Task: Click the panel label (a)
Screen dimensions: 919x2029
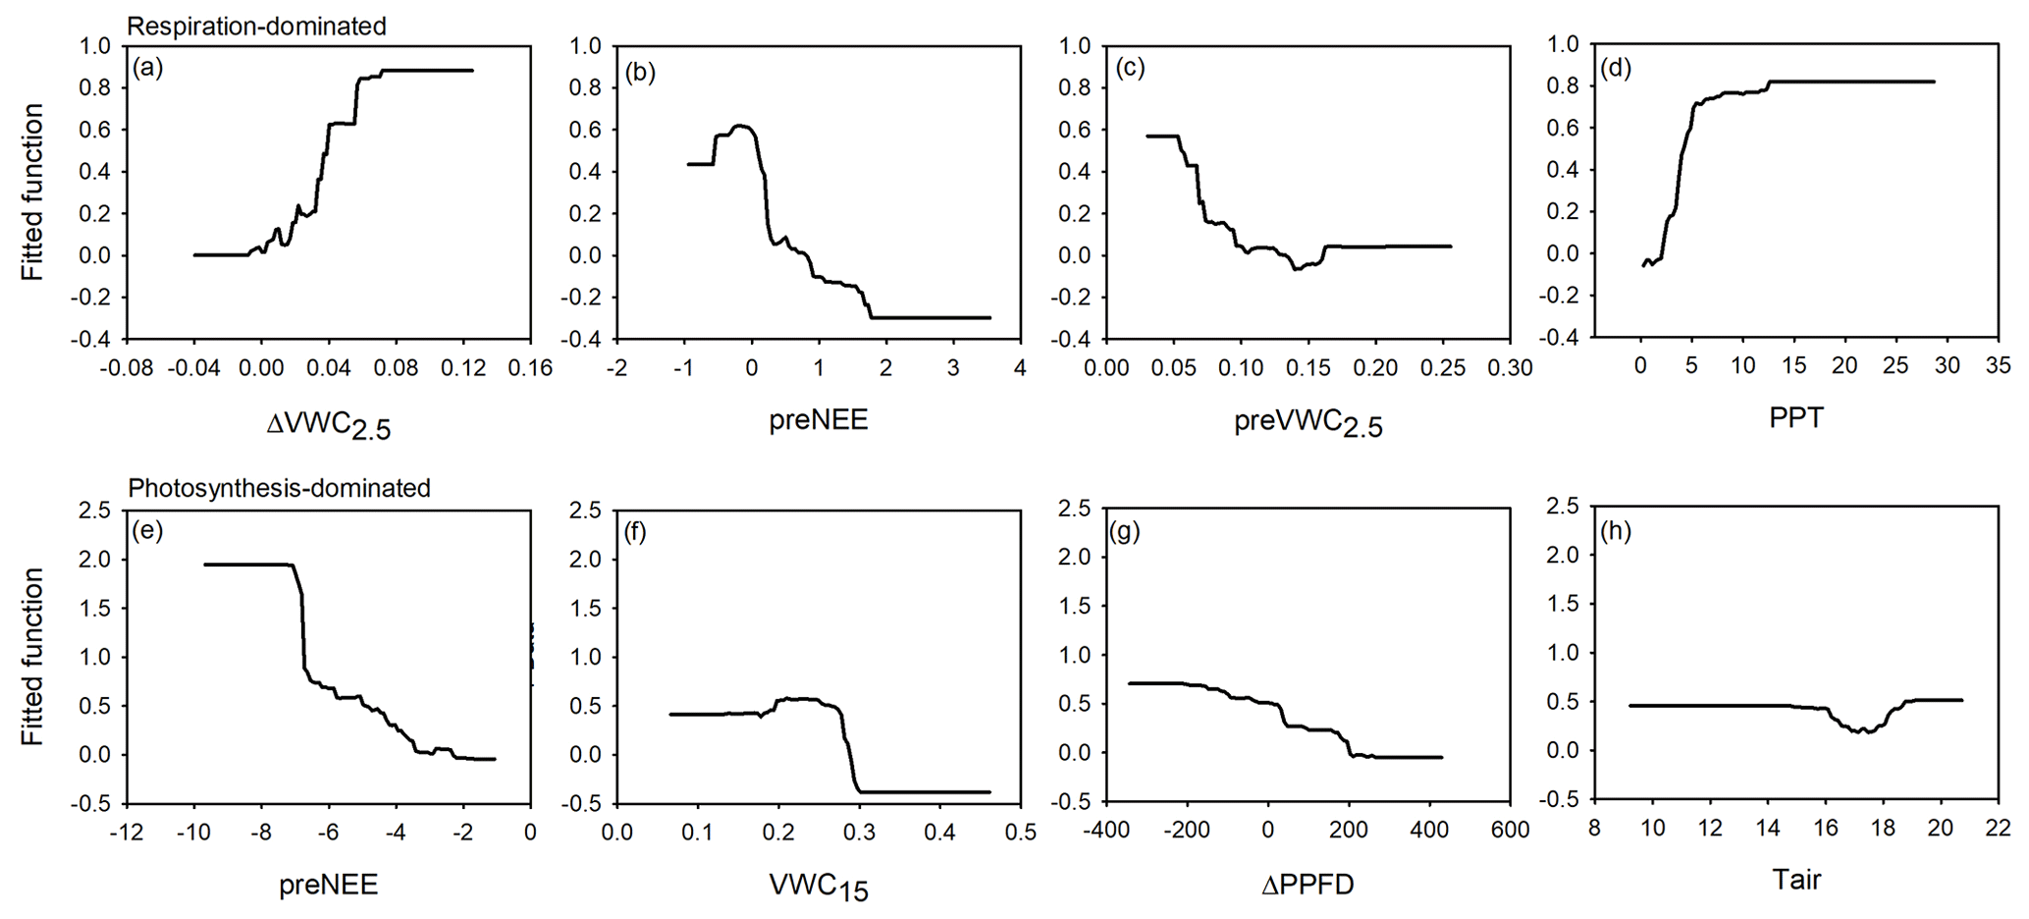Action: click(148, 68)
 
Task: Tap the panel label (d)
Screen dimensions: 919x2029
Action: click(1615, 68)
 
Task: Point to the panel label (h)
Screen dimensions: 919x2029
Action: click(1616, 531)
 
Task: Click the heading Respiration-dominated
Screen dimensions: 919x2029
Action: click(257, 27)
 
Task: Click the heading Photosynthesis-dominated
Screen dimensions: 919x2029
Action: click(280, 488)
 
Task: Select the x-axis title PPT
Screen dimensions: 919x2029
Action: click(1795, 417)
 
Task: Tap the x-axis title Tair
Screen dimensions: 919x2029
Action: click(1795, 880)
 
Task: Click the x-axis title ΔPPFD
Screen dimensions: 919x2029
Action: click(1308, 884)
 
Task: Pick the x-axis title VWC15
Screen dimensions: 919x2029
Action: click(819, 887)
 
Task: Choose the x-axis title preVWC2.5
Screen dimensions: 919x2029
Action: click(1308, 423)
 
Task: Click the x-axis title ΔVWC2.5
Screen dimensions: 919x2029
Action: click(329, 424)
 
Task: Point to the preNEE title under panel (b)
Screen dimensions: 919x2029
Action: click(818, 420)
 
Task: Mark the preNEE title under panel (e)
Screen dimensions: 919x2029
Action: click(329, 884)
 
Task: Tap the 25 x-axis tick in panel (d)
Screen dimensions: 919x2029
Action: click(1896, 366)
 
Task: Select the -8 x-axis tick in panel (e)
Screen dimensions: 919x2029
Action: click(260, 831)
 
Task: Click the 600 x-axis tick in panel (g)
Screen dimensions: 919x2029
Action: click(1510, 831)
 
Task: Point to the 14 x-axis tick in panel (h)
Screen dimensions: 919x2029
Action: click(1768, 829)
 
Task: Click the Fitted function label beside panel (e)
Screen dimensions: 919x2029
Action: click(34, 657)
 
